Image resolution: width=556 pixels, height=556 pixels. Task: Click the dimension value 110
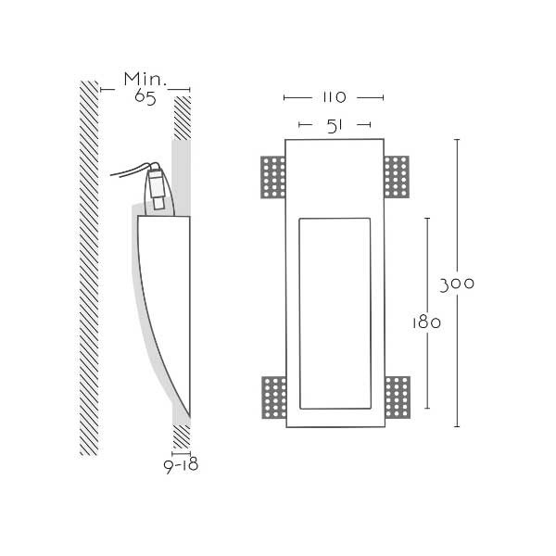334,97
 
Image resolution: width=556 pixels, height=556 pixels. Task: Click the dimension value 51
335,126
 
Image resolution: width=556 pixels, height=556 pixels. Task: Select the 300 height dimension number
457,284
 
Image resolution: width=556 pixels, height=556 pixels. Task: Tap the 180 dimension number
426,322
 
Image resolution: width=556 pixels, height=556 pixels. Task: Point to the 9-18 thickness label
181,466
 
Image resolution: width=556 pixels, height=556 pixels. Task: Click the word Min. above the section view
145,79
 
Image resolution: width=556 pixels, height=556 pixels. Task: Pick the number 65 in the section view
145,98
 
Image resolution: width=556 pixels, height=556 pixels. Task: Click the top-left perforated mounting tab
273,177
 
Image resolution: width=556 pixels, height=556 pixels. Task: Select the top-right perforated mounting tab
397,177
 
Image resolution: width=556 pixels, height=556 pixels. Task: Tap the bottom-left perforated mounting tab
273,398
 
